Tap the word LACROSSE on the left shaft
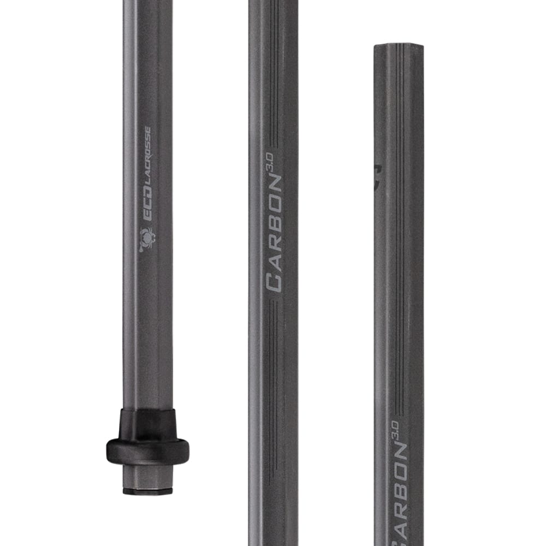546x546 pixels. pyautogui.click(x=146, y=164)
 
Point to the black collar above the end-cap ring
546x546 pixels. pyautogui.click(x=147, y=423)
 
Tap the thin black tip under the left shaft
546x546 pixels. pyautogui.click(x=147, y=491)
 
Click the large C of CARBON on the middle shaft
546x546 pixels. pyautogui.click(x=274, y=282)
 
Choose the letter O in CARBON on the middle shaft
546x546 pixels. pyautogui.click(x=274, y=207)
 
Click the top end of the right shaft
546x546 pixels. pyautogui.click(x=399, y=46)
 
